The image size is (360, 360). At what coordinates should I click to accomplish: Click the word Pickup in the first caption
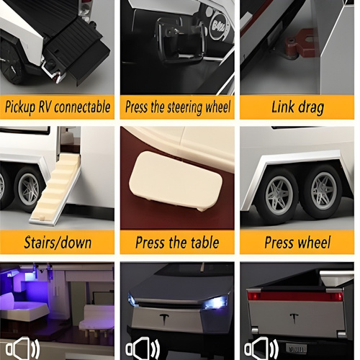point(20,107)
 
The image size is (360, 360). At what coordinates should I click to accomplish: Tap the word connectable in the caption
point(82,107)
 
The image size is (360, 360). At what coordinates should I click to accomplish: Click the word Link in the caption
point(283,107)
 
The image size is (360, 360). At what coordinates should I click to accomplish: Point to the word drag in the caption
point(311,108)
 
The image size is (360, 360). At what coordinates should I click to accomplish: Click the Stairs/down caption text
point(58,243)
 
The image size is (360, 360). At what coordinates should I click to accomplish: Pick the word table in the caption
point(204,242)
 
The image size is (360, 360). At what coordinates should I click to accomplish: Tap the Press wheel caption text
point(297,242)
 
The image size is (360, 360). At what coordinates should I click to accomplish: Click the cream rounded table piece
point(176,181)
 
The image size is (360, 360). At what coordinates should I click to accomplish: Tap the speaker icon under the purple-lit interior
point(23,348)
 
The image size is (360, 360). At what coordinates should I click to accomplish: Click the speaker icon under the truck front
point(143,348)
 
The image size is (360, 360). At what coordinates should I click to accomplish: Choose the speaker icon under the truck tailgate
point(261,348)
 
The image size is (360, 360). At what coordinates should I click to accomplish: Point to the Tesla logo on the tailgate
point(293,318)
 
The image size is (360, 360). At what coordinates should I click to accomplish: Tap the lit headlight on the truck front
point(215,302)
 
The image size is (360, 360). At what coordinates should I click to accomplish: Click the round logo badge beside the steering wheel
point(219,26)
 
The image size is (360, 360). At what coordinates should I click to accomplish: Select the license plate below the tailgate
point(296,348)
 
